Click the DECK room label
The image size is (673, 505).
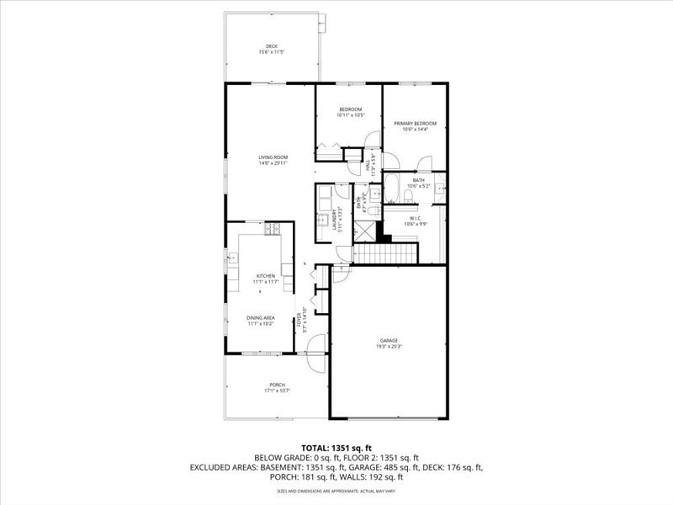pyautogui.click(x=272, y=46)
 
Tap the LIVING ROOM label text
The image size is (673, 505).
pyautogui.click(x=273, y=157)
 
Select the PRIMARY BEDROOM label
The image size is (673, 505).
pyautogui.click(x=416, y=124)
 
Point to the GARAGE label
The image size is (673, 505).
pyautogui.click(x=388, y=340)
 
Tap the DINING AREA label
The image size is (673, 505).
pyautogui.click(x=261, y=317)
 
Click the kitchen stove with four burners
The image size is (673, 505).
pyautogui.click(x=273, y=228)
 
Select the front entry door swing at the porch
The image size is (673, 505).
pyautogui.click(x=315, y=352)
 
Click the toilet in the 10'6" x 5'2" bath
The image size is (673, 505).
pyautogui.click(x=407, y=195)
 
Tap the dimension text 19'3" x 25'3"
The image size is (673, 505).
pyautogui.click(x=388, y=346)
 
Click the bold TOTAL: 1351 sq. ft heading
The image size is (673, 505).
pyautogui.click(x=336, y=447)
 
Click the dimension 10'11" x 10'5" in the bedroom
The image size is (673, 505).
pyautogui.click(x=350, y=115)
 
